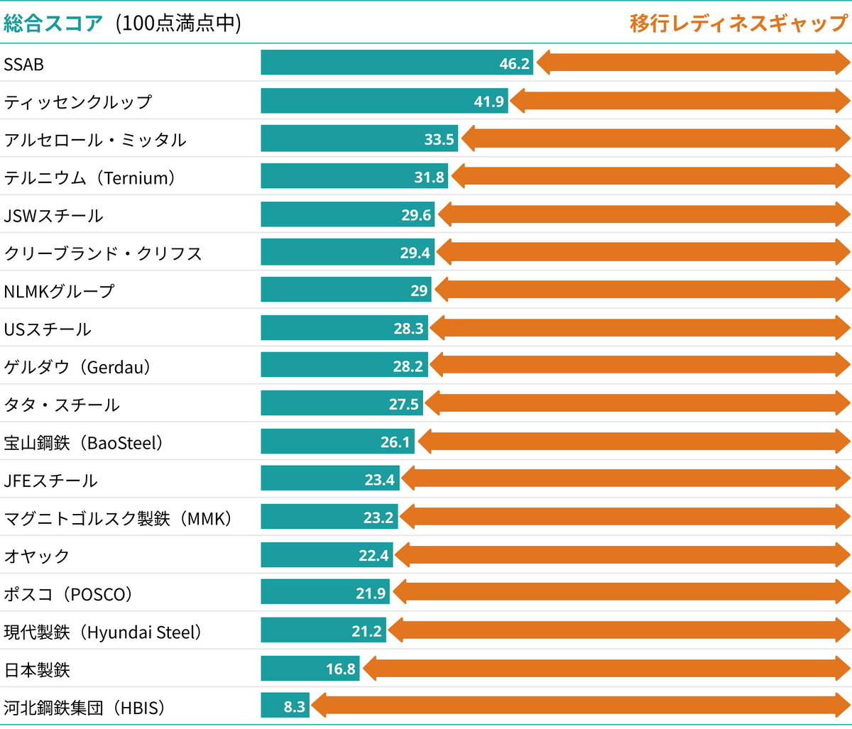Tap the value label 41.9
click(489, 102)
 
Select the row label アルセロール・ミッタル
click(95, 140)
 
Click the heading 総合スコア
click(54, 23)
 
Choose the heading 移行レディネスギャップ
click(738, 23)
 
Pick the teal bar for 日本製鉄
click(310, 669)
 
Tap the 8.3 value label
click(295, 707)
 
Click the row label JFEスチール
click(50, 481)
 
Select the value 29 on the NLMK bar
click(419, 290)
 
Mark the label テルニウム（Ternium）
click(89, 177)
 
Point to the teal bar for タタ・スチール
click(341, 403)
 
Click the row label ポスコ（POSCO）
click(68, 594)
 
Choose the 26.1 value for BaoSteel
click(395, 442)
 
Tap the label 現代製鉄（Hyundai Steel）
click(103, 632)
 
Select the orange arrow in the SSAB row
click(693, 62)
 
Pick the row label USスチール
click(48, 329)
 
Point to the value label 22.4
click(373, 556)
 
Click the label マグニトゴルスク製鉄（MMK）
click(118, 518)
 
